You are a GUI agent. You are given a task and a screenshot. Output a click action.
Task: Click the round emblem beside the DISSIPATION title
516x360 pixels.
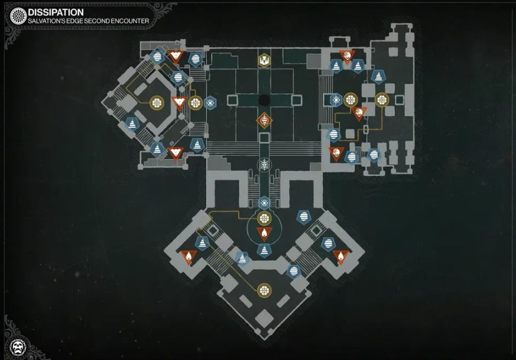click(x=18, y=16)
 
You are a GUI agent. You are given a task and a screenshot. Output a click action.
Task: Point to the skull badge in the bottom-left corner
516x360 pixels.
click(x=17, y=345)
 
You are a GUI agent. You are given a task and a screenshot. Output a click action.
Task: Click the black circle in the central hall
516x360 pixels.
click(x=264, y=100)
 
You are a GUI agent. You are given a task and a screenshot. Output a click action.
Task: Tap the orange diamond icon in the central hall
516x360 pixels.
click(x=264, y=122)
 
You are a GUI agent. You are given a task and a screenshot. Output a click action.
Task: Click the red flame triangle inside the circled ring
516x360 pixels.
click(x=264, y=233)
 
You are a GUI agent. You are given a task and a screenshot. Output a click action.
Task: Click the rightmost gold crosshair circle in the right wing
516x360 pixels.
click(x=382, y=99)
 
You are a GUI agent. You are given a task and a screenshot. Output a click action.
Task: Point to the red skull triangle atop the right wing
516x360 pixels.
click(x=347, y=56)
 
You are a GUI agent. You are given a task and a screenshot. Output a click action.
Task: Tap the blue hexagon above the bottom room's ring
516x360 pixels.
click(x=264, y=203)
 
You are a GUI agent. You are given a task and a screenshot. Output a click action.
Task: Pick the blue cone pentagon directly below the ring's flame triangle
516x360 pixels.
click(x=264, y=250)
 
